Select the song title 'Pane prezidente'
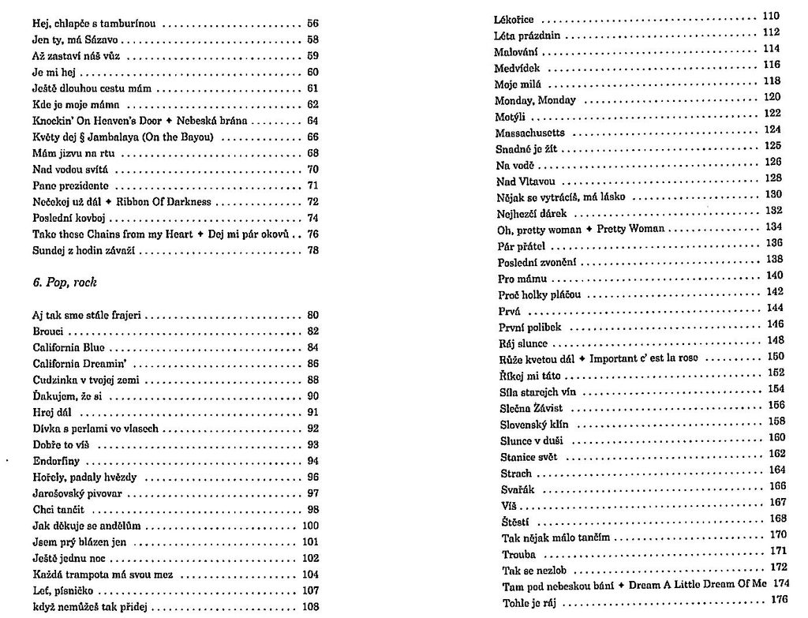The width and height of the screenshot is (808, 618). tap(71, 185)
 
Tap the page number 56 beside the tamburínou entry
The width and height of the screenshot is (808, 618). tap(312, 24)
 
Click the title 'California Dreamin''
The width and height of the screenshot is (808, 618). tap(77, 364)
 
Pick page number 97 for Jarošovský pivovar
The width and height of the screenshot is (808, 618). tap(312, 493)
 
